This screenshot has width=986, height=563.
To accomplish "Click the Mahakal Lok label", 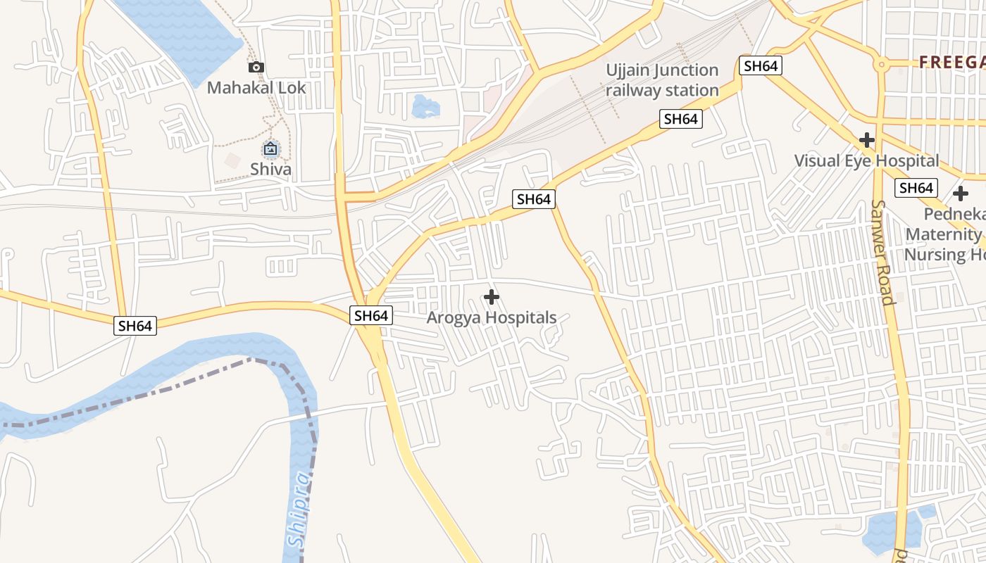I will click(256, 88).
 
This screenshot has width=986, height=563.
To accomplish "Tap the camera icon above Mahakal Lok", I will click(256, 68).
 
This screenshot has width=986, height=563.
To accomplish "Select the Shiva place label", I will click(270, 169).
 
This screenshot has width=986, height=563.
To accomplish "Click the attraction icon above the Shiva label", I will click(270, 148).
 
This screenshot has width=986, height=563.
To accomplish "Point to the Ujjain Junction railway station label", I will click(662, 80).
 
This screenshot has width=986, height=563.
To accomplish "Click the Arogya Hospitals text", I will click(492, 317).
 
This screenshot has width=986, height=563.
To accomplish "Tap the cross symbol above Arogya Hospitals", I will click(492, 297).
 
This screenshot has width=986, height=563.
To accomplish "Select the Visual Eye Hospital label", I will click(866, 160).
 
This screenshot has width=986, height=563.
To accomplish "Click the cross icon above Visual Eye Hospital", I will click(867, 140).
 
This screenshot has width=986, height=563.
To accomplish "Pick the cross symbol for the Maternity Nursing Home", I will click(961, 194).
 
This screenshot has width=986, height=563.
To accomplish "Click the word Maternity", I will click(944, 234).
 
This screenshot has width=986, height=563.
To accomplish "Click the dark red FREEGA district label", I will click(951, 63).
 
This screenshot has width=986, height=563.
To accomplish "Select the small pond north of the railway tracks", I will click(425, 107).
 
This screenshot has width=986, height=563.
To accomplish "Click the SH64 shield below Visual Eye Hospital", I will click(916, 188).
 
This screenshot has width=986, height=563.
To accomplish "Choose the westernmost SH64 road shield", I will click(135, 326).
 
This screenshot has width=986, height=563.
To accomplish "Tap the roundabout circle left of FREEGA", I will click(880, 65).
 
